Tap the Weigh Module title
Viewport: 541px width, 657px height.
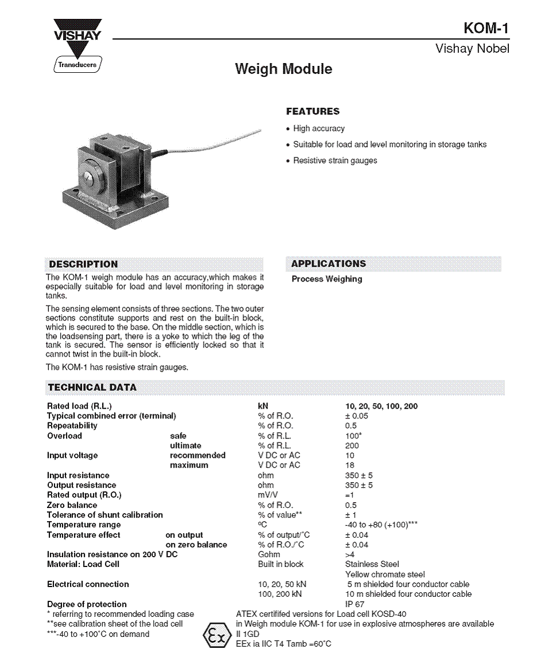click(283, 69)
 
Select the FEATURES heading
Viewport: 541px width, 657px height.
click(313, 111)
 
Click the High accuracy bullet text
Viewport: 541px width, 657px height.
click(318, 128)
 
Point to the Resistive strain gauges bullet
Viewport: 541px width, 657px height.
click(335, 161)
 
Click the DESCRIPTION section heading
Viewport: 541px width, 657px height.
click(83, 264)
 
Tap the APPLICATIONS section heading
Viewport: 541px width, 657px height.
click(328, 264)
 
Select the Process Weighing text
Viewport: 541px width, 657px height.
click(327, 279)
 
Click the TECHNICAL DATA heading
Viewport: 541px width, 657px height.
click(92, 388)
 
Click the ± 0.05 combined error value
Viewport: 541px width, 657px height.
click(357, 416)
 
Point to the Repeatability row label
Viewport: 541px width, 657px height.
click(72, 425)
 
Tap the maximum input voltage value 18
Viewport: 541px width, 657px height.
click(350, 465)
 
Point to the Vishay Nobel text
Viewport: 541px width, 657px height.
click(472, 49)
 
